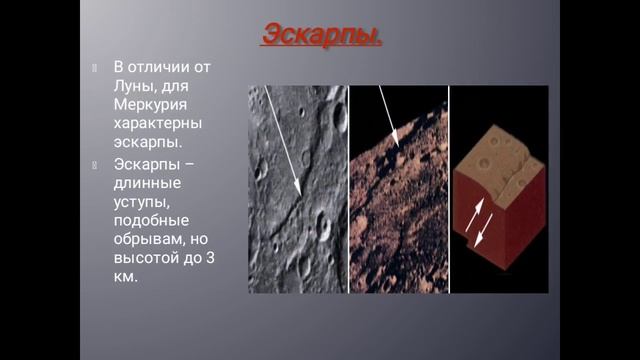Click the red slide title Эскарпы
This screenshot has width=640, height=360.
321,34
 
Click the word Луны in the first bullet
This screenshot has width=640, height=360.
134,85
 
